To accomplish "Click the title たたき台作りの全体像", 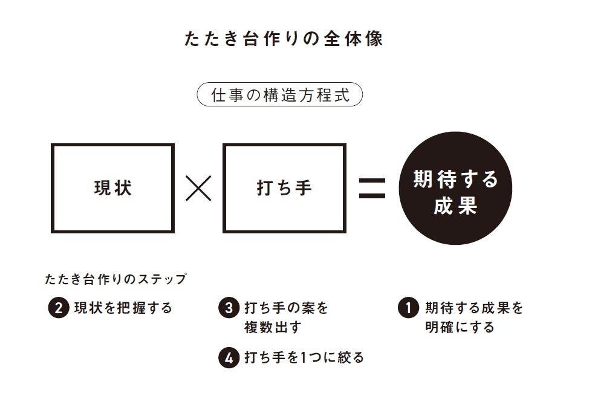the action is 283,39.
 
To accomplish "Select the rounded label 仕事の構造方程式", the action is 280,95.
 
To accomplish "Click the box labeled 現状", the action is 112,188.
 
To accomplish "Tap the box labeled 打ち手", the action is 284,188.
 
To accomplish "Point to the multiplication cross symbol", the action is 198,189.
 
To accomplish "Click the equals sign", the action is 372,189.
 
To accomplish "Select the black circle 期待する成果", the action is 455,188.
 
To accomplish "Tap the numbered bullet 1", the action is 408,308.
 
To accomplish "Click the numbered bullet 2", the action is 58,308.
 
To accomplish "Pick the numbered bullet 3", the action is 228,308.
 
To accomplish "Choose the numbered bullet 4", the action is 228,357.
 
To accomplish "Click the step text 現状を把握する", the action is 123,308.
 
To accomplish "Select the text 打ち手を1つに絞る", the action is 304,357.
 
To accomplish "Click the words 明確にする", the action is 460,328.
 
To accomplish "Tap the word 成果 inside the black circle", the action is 455,206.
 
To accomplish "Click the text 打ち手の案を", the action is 286,308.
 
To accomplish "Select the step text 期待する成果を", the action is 473,308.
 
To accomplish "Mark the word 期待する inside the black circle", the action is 455,180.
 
